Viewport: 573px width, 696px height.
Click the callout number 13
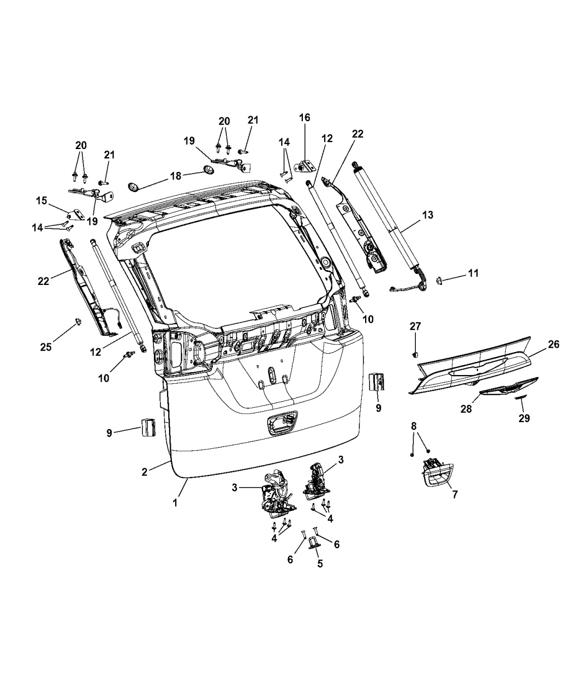[427, 215]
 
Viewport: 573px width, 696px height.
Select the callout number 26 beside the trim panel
[553, 344]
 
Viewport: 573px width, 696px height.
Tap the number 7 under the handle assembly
[455, 494]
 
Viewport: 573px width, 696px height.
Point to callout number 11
[473, 273]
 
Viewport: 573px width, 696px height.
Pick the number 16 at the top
[304, 117]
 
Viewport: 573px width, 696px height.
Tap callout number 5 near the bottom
[320, 563]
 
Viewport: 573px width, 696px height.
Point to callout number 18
[175, 176]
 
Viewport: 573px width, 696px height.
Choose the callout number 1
[175, 503]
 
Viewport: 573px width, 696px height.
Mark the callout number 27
[416, 326]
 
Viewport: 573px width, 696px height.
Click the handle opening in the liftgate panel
[281, 423]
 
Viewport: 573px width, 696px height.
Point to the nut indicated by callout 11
[438, 280]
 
